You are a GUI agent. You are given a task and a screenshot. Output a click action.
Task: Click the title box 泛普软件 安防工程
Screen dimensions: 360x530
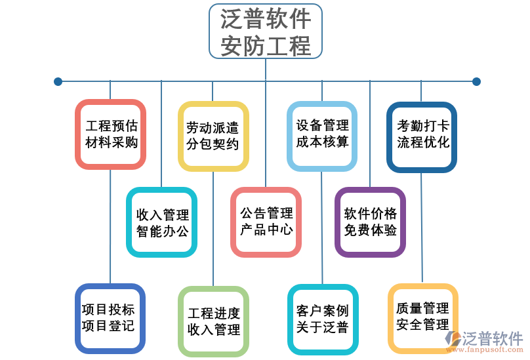coord(265,31)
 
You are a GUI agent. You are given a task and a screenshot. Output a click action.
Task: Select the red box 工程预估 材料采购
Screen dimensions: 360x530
coord(110,134)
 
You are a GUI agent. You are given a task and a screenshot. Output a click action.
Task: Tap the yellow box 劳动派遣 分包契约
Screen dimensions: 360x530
coord(213,136)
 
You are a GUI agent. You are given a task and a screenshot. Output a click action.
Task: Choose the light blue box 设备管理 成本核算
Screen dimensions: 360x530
coord(321,134)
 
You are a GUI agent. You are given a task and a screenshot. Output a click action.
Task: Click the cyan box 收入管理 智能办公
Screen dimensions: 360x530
coord(162,222)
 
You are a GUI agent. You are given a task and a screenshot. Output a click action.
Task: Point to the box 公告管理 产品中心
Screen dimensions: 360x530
coord(266,222)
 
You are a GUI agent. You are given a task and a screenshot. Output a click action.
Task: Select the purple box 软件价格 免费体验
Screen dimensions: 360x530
coord(370,222)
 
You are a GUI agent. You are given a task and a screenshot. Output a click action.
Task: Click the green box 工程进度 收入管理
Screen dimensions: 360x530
coord(213,321)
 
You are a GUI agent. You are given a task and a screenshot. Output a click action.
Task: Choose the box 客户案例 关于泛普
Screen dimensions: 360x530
coord(321,319)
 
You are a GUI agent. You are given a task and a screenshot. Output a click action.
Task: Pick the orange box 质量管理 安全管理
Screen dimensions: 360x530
coord(422,317)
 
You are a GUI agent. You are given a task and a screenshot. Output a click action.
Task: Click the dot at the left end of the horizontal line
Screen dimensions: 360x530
coord(58,81)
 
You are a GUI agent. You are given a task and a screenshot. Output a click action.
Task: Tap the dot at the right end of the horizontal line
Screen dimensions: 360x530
coord(476,81)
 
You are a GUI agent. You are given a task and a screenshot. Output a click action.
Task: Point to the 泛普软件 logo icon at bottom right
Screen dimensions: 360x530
coord(453,339)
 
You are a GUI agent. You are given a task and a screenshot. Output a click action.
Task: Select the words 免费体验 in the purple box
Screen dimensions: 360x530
coord(370,231)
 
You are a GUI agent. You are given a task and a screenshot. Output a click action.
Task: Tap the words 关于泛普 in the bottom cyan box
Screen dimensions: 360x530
coord(321,327)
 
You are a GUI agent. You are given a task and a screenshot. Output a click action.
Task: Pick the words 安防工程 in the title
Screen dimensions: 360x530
coord(265,46)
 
